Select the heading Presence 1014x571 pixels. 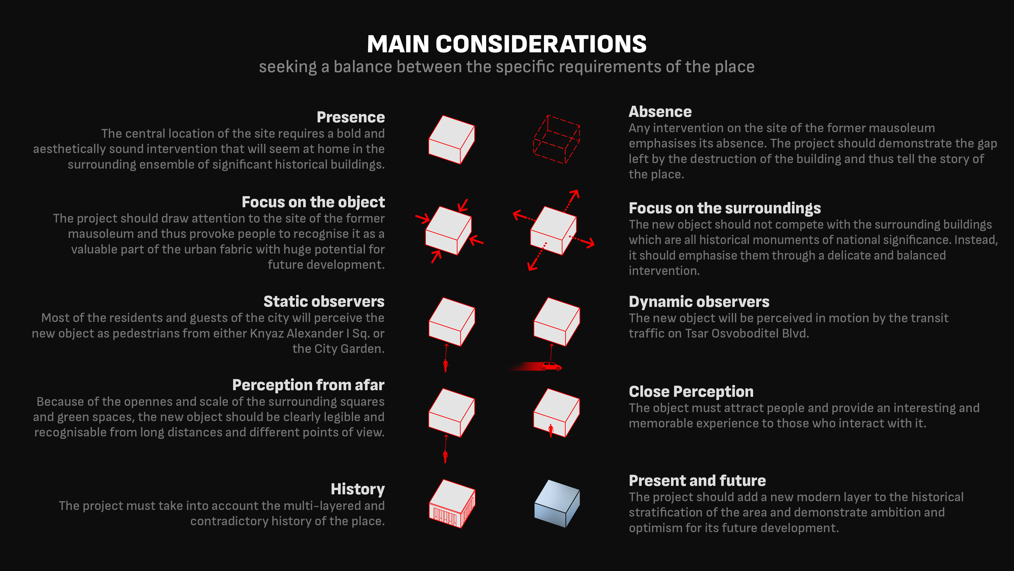click(350, 117)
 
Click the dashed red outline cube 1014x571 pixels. click(556, 140)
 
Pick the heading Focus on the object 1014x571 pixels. click(313, 202)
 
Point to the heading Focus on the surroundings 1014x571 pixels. click(724, 208)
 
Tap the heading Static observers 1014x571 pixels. click(323, 301)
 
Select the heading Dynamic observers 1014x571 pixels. click(699, 302)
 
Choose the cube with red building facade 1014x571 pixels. click(452, 504)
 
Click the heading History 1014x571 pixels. click(358, 489)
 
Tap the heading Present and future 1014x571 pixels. click(697, 481)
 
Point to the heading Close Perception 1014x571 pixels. click(691, 392)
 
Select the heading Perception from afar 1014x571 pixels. click(308, 385)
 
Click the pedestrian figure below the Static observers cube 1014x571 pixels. click(445, 365)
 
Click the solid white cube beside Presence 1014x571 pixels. click(452, 140)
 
